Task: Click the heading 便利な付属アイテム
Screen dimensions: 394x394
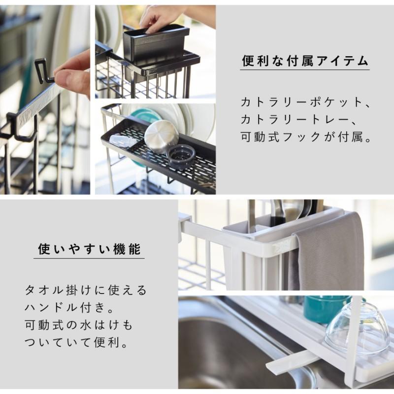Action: pos(305,61)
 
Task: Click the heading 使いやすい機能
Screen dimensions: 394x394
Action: pos(89,249)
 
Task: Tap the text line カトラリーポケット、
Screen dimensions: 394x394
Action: pos(305,102)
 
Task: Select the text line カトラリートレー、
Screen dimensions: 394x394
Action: pos(299,120)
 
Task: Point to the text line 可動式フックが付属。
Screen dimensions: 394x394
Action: pos(306,137)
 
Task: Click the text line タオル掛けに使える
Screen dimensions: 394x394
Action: pos(85,290)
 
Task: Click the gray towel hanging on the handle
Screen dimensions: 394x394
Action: pos(327,254)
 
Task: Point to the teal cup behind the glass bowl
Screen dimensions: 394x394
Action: pos(327,309)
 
